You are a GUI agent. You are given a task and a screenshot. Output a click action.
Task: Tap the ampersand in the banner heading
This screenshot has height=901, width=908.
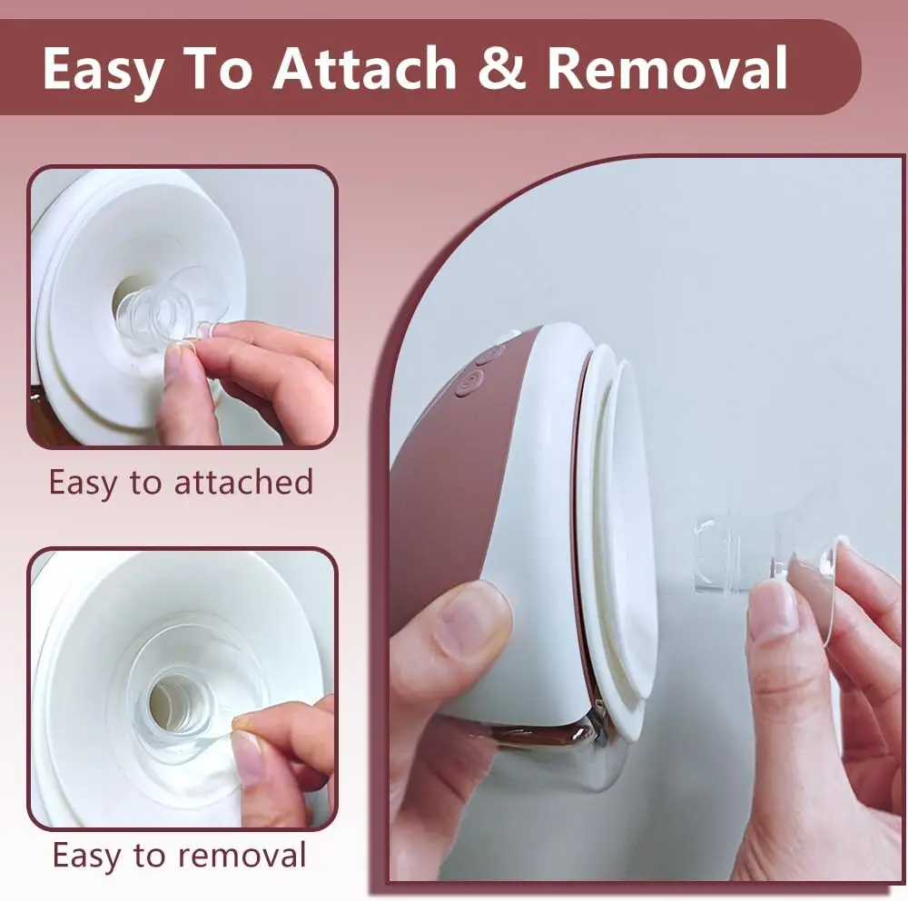click(x=502, y=67)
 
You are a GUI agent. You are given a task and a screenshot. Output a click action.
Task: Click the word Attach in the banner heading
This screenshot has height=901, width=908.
click(x=365, y=67)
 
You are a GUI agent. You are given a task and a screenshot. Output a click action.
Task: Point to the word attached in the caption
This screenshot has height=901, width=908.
click(x=243, y=482)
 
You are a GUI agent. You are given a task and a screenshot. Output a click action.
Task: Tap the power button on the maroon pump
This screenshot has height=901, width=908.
click(x=469, y=382)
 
